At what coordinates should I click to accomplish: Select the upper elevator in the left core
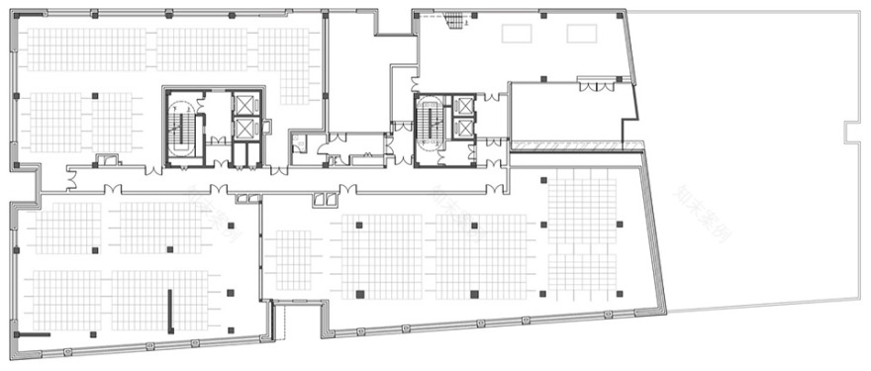tap(243, 105)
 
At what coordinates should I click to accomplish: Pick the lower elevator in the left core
tap(243, 129)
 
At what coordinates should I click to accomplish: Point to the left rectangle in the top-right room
tap(516, 34)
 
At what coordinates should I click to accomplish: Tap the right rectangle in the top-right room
tap(581, 34)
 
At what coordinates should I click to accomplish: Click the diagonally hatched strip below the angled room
tap(574, 145)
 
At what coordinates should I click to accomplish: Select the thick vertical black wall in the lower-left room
tap(170, 310)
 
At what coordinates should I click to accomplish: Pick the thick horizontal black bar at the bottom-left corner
tap(33, 336)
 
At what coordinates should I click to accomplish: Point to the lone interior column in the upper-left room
tap(95, 96)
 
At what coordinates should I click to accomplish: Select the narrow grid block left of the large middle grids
tap(293, 259)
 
